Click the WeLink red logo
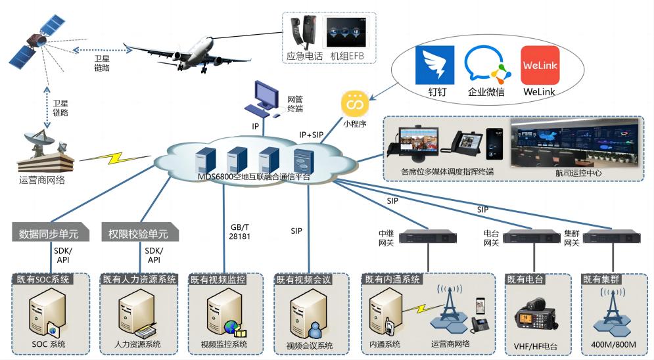click(540, 65)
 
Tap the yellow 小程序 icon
click(355, 104)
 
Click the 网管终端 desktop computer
click(268, 99)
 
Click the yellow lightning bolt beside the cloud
click(114, 160)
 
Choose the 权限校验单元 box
click(139, 233)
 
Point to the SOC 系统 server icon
click(48, 316)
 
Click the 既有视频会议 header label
click(303, 280)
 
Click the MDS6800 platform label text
click(254, 177)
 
